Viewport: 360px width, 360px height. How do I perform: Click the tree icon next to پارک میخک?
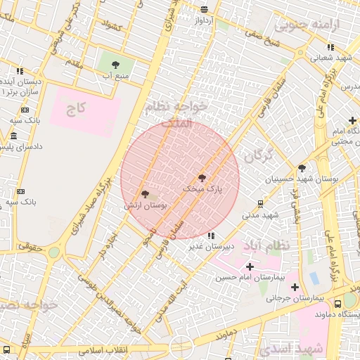(202, 179)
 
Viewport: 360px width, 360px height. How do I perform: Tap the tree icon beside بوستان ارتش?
(145, 193)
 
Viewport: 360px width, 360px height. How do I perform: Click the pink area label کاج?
(75, 109)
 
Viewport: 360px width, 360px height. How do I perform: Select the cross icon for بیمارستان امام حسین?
(250, 266)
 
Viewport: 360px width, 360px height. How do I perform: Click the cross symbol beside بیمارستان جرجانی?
(295, 287)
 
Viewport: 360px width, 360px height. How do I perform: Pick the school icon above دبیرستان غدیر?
(212, 236)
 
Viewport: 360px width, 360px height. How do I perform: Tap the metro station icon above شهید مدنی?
(261, 204)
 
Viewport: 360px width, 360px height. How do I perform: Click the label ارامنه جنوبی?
(307, 26)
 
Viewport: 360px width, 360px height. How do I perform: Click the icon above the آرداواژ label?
(205, 9)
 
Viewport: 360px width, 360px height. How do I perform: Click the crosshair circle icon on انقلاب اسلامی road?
(181, 347)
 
